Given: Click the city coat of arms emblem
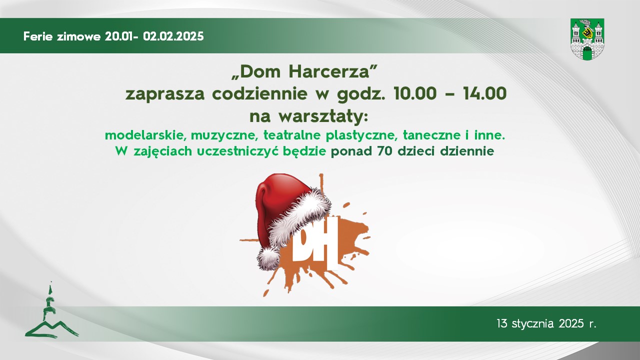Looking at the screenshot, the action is click(587, 39).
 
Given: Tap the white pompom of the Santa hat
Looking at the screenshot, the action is click(268, 258).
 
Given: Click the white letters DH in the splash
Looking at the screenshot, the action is click(315, 243).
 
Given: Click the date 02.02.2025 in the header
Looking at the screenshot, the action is click(173, 36).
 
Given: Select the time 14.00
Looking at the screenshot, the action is click(485, 93).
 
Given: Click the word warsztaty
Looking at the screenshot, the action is click(322, 117).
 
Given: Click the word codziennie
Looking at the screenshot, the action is click(259, 93).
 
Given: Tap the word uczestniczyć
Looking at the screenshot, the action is click(237, 151).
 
